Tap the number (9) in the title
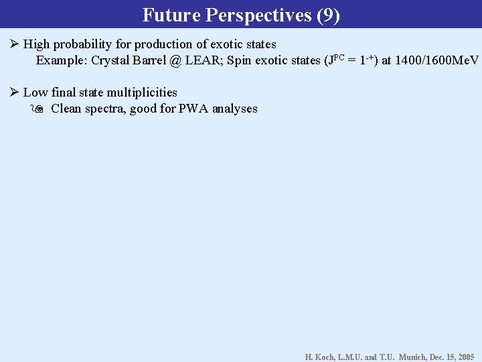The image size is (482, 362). coord(328,15)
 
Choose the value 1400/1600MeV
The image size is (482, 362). coord(437,60)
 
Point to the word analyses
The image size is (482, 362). coord(235,109)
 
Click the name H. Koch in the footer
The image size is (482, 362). coord(320,357)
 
